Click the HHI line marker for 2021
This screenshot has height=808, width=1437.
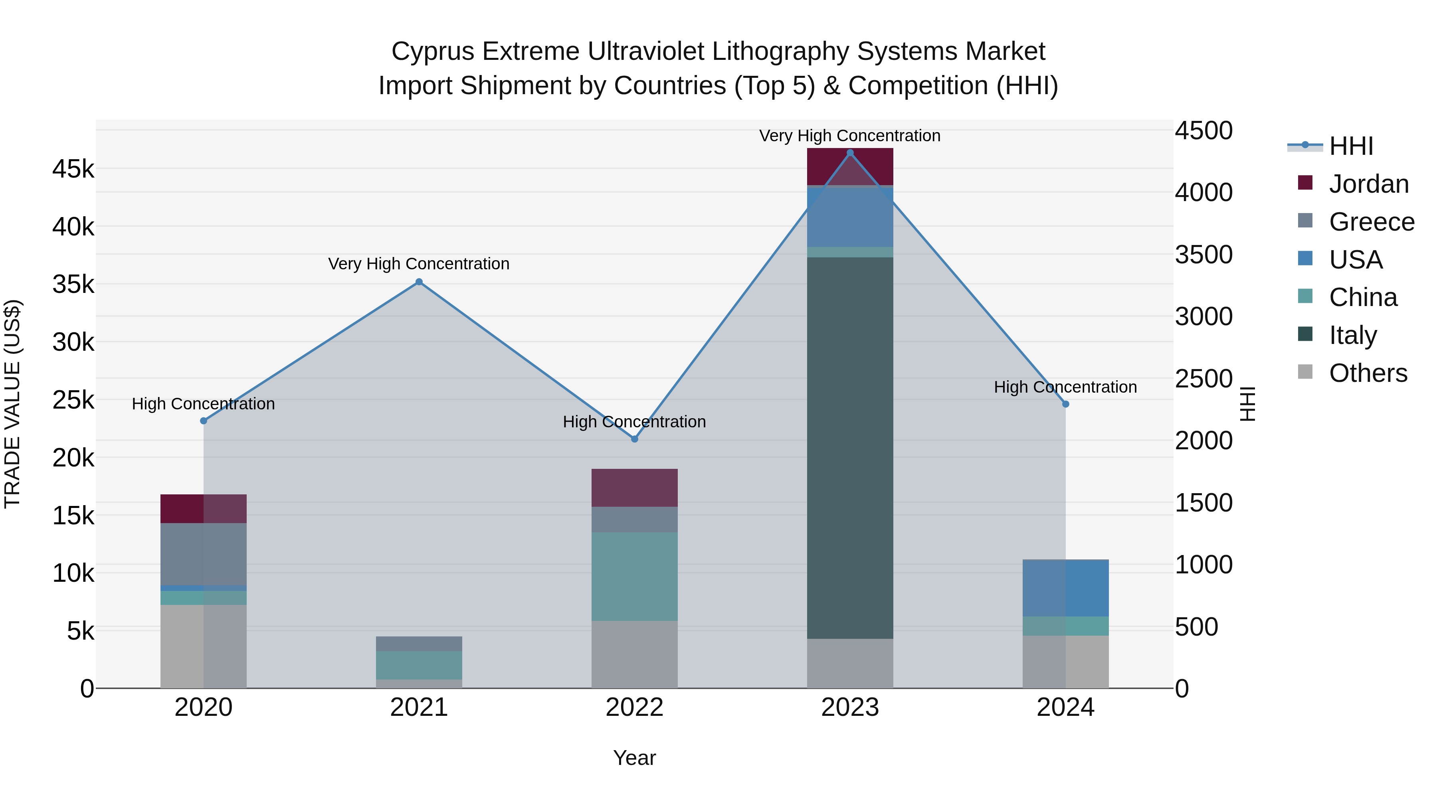(419, 282)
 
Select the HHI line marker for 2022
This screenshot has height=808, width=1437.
(634, 439)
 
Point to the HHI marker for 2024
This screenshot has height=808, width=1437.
(1065, 404)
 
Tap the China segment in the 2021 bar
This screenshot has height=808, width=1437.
(419, 665)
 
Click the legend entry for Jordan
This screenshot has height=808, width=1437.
(1368, 184)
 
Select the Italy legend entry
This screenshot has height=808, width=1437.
(1352, 335)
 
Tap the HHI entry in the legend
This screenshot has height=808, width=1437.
(1350, 146)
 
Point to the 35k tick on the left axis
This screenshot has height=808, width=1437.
(73, 284)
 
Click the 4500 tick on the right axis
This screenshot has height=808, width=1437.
(1203, 130)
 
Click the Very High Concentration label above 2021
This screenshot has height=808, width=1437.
(419, 264)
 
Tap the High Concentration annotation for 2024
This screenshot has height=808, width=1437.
(1065, 387)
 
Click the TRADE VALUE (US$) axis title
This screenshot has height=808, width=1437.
(12, 404)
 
